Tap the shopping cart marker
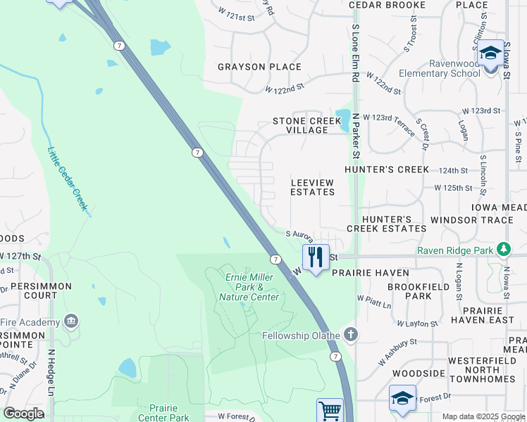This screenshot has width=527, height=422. pos(330,410)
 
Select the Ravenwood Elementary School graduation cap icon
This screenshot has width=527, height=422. pos(490,53)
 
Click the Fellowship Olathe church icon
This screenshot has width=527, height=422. pos(349,335)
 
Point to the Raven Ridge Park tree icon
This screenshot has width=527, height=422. pos(504,250)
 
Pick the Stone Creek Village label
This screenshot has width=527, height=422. pos(307,125)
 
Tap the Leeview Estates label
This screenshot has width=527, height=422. pos(312,186)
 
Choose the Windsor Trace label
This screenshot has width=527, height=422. pos(472,220)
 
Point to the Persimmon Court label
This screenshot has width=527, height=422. pos(36,291)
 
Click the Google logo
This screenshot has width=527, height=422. pos(23,414)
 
